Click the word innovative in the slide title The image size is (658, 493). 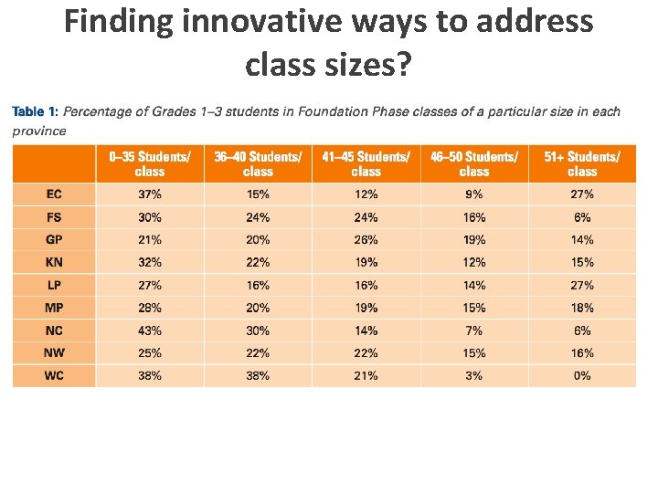248,22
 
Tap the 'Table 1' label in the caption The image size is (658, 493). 35,112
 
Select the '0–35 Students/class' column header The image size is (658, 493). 150,164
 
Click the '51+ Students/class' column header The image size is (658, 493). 582,164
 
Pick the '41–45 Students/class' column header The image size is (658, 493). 366,164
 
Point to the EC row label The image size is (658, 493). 54,194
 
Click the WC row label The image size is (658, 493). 54,375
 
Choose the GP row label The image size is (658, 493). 54,240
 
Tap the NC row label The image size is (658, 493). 54,330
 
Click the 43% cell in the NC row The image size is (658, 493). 150,330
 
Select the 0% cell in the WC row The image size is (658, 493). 582,375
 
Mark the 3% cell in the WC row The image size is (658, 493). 473,375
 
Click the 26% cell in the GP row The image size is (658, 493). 366,240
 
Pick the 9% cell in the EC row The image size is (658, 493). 473,194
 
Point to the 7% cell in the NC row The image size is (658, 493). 473,330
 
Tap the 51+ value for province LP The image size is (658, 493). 582,285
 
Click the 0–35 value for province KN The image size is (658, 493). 150,262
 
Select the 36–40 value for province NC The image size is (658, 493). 258,330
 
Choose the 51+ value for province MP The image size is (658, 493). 582,308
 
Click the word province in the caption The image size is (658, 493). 39,131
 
